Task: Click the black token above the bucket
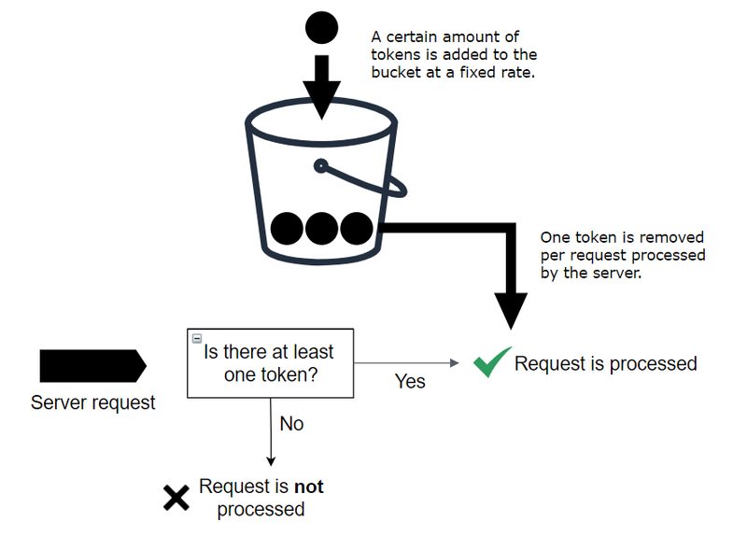(321, 27)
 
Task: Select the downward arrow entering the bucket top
(321, 89)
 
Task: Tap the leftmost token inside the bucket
(287, 228)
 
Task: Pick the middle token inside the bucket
(321, 228)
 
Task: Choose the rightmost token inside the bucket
(356, 228)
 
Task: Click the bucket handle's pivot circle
(320, 167)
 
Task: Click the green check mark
(491, 362)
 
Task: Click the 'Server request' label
(93, 403)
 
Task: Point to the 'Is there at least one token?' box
(271, 362)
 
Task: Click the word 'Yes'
(410, 381)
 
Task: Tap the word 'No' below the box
(291, 424)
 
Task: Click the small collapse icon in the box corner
(196, 337)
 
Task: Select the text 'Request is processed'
(605, 363)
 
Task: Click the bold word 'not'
(309, 487)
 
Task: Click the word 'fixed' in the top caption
(486, 71)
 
